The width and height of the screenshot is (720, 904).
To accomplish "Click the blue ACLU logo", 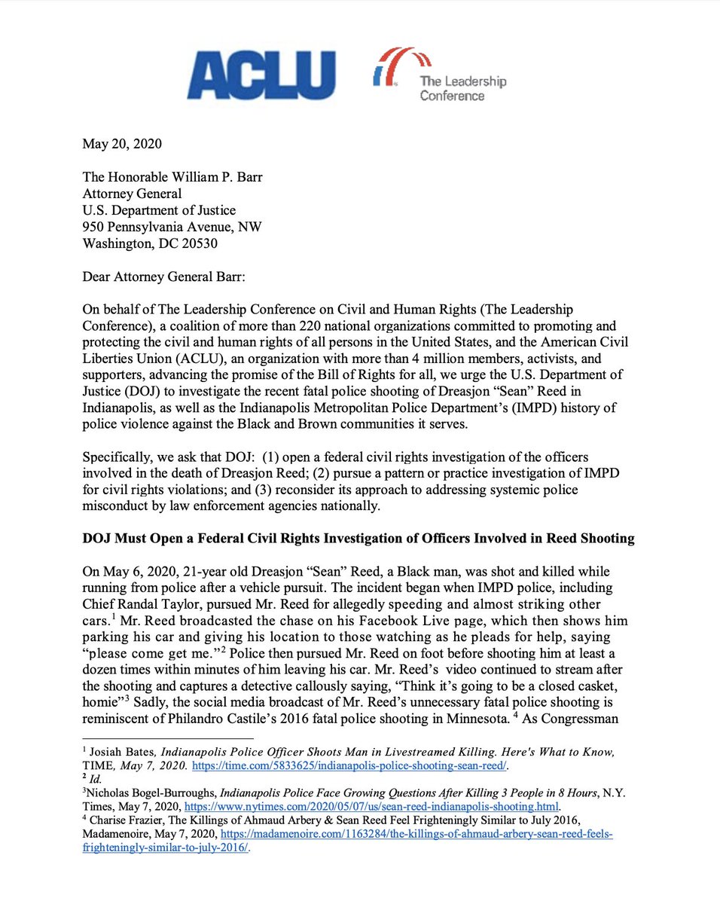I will pos(261,75).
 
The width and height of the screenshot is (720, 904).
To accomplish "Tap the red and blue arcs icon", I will pos(393,66).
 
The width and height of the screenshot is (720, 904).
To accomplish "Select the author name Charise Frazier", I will pos(124,830).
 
